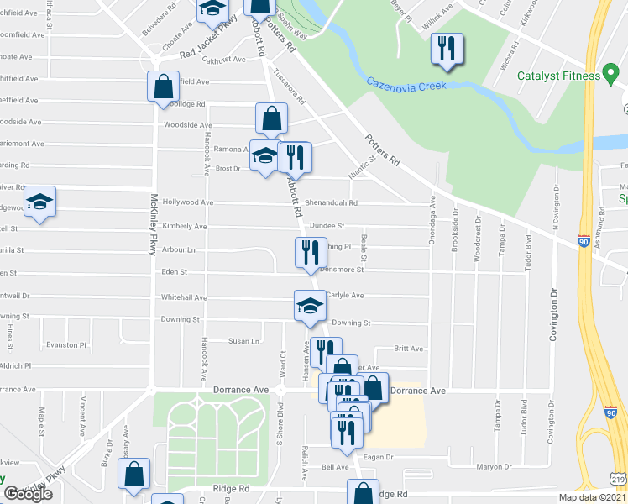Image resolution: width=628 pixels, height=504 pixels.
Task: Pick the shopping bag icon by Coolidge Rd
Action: [163, 87]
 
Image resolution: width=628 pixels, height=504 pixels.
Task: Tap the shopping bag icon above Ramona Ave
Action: [271, 119]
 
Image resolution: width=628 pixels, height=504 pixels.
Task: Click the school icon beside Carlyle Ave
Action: [310, 305]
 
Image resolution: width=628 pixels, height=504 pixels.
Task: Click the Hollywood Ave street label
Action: [189, 202]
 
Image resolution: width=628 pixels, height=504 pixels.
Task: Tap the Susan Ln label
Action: [244, 341]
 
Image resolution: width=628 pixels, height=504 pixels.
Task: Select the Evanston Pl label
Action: [67, 344]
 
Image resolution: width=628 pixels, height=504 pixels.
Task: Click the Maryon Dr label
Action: [494, 468]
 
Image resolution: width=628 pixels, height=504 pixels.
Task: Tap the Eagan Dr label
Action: [379, 457]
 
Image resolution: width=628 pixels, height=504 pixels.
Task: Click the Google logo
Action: [29, 495]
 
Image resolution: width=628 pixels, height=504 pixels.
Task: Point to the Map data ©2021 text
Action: [592, 497]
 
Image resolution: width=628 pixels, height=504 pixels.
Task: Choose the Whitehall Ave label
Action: [184, 297]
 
